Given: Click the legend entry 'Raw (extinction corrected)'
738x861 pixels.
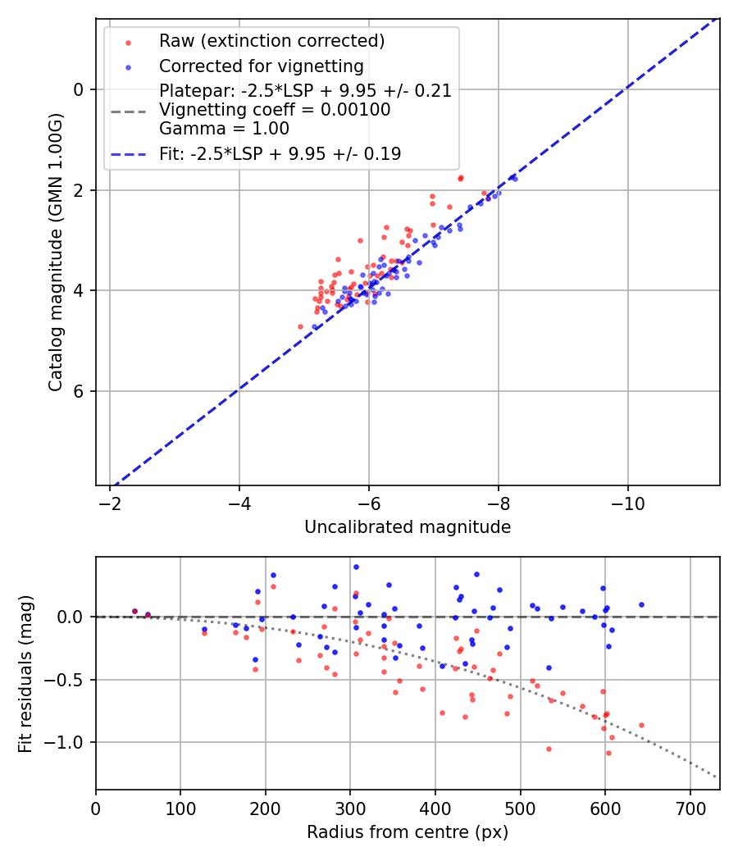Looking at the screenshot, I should click(x=271, y=41).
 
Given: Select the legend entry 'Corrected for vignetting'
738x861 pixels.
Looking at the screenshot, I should click(x=261, y=66).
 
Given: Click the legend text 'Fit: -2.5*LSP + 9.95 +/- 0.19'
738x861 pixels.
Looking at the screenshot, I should click(x=280, y=154).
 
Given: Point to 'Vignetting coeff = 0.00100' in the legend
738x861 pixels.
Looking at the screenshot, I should click(x=275, y=110).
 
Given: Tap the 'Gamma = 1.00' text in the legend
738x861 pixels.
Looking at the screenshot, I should click(x=224, y=128).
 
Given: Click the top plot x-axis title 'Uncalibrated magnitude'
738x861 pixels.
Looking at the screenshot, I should click(x=408, y=527).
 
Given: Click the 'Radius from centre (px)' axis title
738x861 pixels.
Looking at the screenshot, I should click(x=408, y=832).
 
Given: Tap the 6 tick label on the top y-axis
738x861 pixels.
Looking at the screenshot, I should click(x=80, y=391).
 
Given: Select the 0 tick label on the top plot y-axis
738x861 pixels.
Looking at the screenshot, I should click(x=80, y=89).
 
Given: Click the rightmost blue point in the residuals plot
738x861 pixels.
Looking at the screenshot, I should click(x=641, y=604).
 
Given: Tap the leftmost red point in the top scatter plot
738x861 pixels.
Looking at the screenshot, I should click(x=300, y=326).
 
